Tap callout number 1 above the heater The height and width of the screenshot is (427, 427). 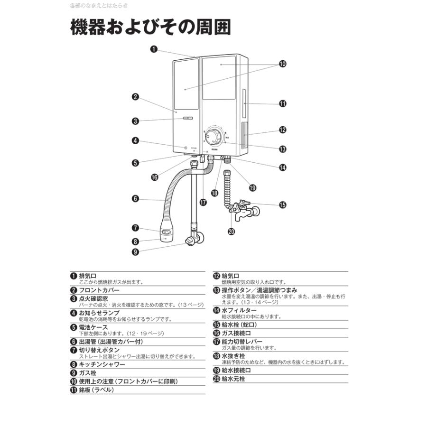pyautogui.click(x=154, y=48)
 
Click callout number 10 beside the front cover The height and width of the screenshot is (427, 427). pyautogui.click(x=283, y=64)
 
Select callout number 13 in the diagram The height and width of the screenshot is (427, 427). pyautogui.click(x=283, y=149)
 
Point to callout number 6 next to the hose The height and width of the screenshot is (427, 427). pyautogui.click(x=135, y=199)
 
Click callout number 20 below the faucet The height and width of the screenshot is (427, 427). pyautogui.click(x=232, y=232)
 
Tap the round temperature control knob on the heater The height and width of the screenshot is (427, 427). pyautogui.click(x=213, y=137)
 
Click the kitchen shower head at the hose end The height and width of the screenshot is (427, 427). pyautogui.click(x=166, y=233)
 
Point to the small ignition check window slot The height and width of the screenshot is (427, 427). pyautogui.click(x=188, y=120)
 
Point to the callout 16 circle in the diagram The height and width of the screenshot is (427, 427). pyautogui.click(x=154, y=177)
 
